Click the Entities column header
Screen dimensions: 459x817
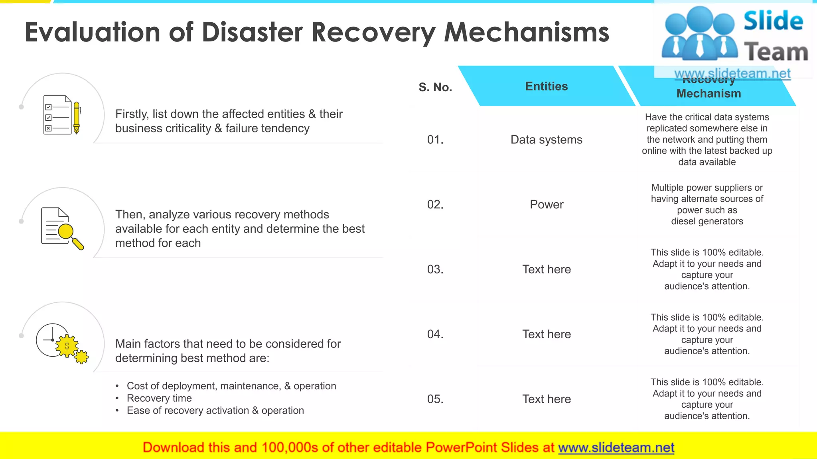pyautogui.click(x=546, y=86)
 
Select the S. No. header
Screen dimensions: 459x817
pyautogui.click(x=435, y=87)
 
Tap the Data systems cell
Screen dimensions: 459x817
pyautogui.click(x=546, y=139)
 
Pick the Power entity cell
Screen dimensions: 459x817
pyautogui.click(x=546, y=204)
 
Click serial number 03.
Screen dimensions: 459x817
pyautogui.click(x=435, y=269)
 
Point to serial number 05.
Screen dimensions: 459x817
pyautogui.click(x=435, y=399)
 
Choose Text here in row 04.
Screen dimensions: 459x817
pyautogui.click(x=546, y=334)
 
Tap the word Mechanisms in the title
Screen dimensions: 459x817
pyautogui.click(x=527, y=32)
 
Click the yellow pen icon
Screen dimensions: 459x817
pyautogui.click(x=77, y=117)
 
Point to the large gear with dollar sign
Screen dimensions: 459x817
pyautogui.click(x=67, y=346)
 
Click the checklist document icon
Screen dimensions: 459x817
pyautogui.click(x=57, y=115)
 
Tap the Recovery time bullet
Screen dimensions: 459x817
pyautogui.click(x=159, y=398)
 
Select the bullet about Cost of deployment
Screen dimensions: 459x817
pyautogui.click(x=231, y=386)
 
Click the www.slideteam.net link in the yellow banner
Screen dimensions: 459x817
pyautogui.click(x=616, y=447)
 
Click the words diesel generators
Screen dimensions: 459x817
pyautogui.click(x=707, y=221)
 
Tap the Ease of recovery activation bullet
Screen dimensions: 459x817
pyautogui.click(x=215, y=410)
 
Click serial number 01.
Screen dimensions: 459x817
pyautogui.click(x=435, y=139)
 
